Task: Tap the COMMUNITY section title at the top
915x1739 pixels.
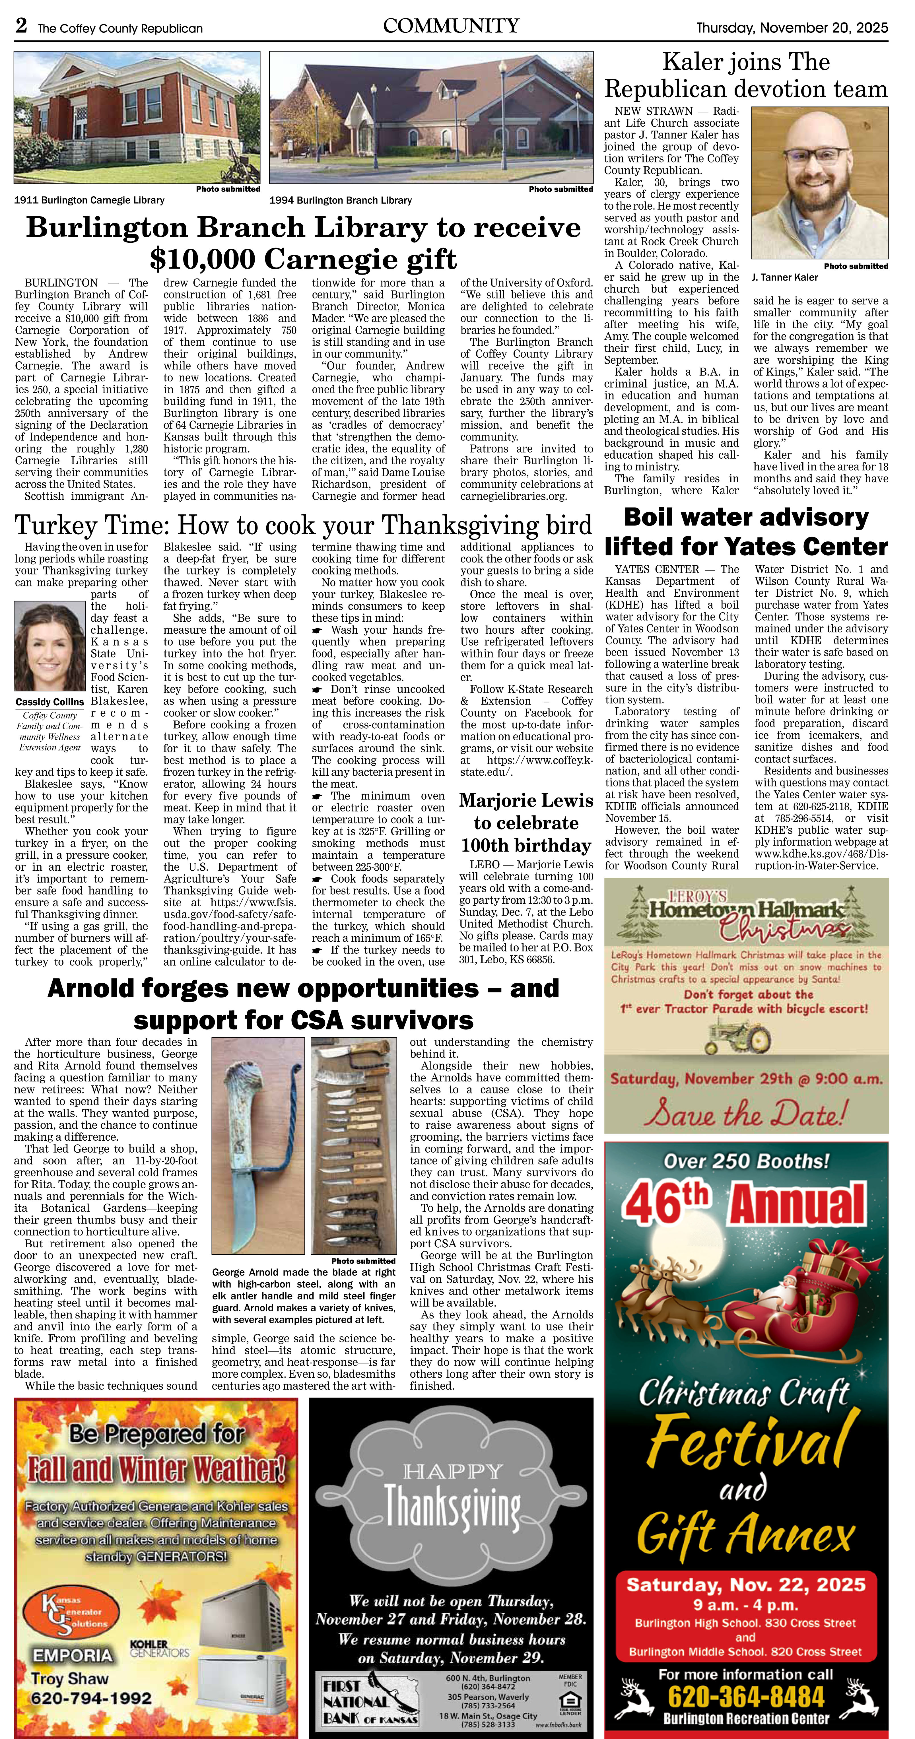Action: click(450, 26)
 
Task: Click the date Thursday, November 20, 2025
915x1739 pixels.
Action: click(792, 28)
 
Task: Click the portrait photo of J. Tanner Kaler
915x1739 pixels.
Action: click(820, 184)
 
